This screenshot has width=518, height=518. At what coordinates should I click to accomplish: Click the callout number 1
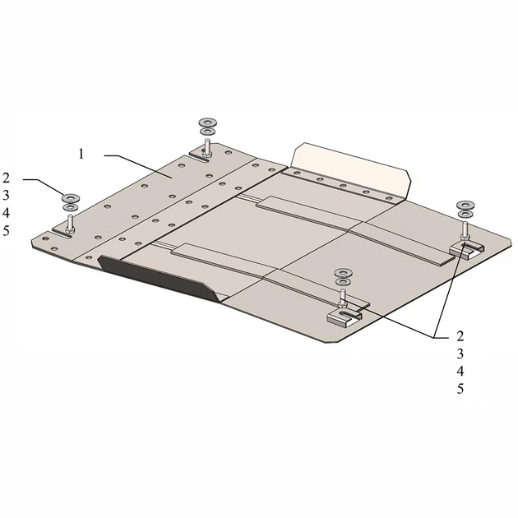point(81,154)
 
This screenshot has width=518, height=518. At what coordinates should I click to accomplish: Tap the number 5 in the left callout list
point(7,231)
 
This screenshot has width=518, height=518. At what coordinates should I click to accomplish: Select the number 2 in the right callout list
point(460,336)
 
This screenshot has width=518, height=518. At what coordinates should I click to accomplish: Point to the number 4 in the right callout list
point(460,372)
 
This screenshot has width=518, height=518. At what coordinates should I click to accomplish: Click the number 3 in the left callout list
point(7,196)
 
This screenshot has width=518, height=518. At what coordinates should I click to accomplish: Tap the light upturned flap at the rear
point(350,170)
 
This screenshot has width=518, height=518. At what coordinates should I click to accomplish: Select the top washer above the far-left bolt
point(71,198)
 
